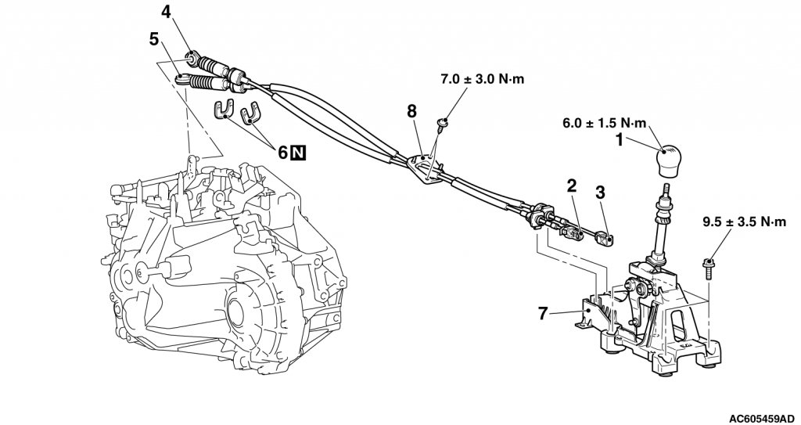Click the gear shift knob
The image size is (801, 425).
pos(669,161)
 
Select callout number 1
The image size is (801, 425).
pos(619,139)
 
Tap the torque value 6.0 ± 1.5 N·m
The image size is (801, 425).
pos(605,123)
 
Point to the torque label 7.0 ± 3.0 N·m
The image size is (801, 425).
pos(482,79)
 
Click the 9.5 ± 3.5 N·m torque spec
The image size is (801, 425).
pos(745,222)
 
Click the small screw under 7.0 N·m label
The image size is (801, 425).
pos(443,124)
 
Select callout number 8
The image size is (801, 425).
pos(411,111)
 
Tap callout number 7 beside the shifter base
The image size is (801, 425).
pos(543,313)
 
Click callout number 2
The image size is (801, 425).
pos(571,185)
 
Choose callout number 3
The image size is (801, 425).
pos(600,193)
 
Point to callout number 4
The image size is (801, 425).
pos(167,11)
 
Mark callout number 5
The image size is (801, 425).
pos(154,39)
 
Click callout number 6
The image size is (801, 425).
pos(283,152)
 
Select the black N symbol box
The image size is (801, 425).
pos(298,152)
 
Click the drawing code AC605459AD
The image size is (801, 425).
pos(762,418)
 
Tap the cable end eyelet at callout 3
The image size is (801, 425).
pos(607,238)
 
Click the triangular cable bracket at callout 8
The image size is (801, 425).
pos(425,167)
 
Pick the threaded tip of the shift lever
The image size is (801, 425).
pos(666,191)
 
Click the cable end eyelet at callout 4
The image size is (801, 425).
pos(192,58)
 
